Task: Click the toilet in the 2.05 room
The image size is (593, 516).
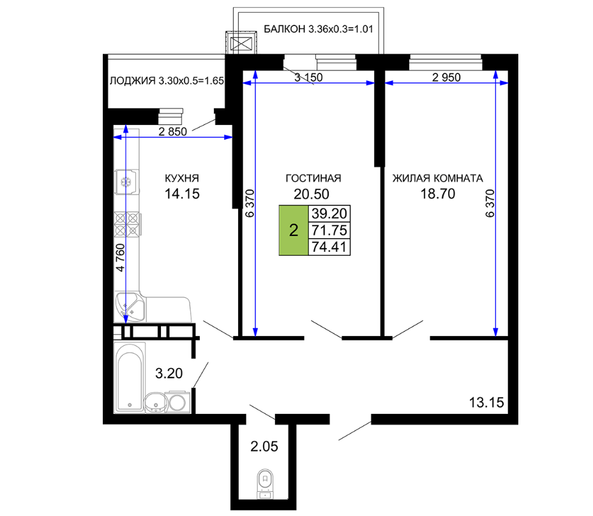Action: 265,484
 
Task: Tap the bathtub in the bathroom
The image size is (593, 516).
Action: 130,377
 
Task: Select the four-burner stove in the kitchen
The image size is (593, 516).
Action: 128,225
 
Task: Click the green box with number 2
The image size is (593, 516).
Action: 294,230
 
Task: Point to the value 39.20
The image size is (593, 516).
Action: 329,214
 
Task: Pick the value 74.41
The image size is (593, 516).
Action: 329,247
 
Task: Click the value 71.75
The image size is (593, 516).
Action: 329,230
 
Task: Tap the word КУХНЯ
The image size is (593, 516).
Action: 182,178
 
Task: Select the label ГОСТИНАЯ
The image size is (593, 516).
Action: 313,178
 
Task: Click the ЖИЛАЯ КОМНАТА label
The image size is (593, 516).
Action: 437,178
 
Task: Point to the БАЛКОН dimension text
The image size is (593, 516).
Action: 319,29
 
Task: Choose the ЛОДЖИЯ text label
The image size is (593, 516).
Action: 167,80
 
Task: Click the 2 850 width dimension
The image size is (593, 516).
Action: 173,131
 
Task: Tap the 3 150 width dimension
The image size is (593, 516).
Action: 308,77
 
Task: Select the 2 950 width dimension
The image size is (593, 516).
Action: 446,77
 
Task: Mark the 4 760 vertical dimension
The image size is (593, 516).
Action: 120,258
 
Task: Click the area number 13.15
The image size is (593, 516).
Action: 486,402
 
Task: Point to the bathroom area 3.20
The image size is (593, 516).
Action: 169,374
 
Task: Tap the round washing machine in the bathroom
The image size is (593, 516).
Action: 177,402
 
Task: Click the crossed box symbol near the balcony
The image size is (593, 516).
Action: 241,44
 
